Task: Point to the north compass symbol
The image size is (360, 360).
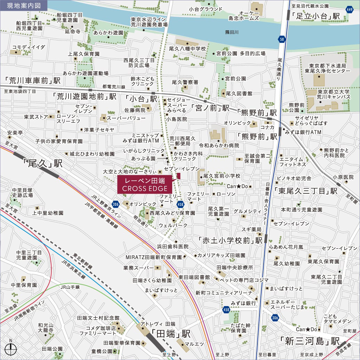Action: pos(11,348)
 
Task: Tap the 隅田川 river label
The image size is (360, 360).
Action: pos(232,32)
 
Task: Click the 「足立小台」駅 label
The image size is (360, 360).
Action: pos(315,16)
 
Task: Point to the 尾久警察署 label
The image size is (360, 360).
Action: pos(185,82)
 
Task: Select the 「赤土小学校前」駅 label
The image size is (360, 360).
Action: pos(230,240)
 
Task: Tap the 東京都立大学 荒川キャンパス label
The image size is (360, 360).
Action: pos(333,94)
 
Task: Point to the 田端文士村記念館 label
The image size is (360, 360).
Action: pos(98,318)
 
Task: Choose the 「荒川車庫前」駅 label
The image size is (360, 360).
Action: pos(30,81)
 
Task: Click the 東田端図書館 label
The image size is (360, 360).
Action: pos(194,277)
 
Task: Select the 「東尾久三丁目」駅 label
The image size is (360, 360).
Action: pos(305,191)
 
